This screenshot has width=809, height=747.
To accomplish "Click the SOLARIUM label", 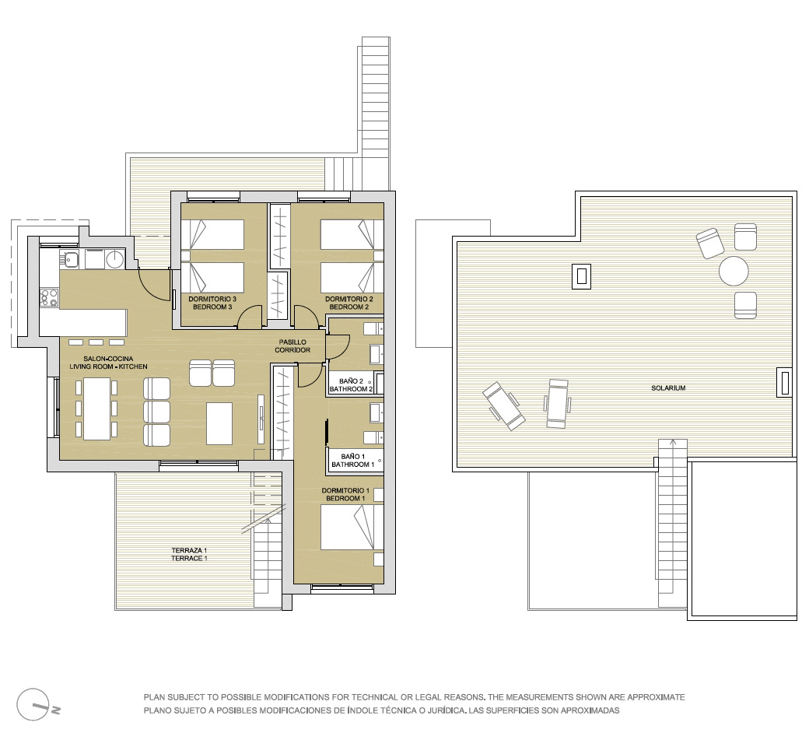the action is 668,388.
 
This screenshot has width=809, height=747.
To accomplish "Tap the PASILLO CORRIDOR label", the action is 292,346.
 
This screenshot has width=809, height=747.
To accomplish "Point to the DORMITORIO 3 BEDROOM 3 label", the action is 212,303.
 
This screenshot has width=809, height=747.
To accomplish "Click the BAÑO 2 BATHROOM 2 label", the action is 352,385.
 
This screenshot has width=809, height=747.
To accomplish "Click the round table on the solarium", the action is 734,271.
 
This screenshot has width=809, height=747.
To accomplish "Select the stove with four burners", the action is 50,297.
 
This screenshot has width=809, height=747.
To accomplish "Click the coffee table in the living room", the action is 219,423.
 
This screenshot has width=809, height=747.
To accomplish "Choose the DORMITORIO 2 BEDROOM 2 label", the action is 348,303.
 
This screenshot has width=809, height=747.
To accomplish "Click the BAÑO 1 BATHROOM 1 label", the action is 353,461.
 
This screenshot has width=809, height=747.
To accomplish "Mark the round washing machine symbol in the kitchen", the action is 114,258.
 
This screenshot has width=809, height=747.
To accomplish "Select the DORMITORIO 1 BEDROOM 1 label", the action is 345,495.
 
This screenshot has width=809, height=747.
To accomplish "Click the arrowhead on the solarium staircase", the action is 672,442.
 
